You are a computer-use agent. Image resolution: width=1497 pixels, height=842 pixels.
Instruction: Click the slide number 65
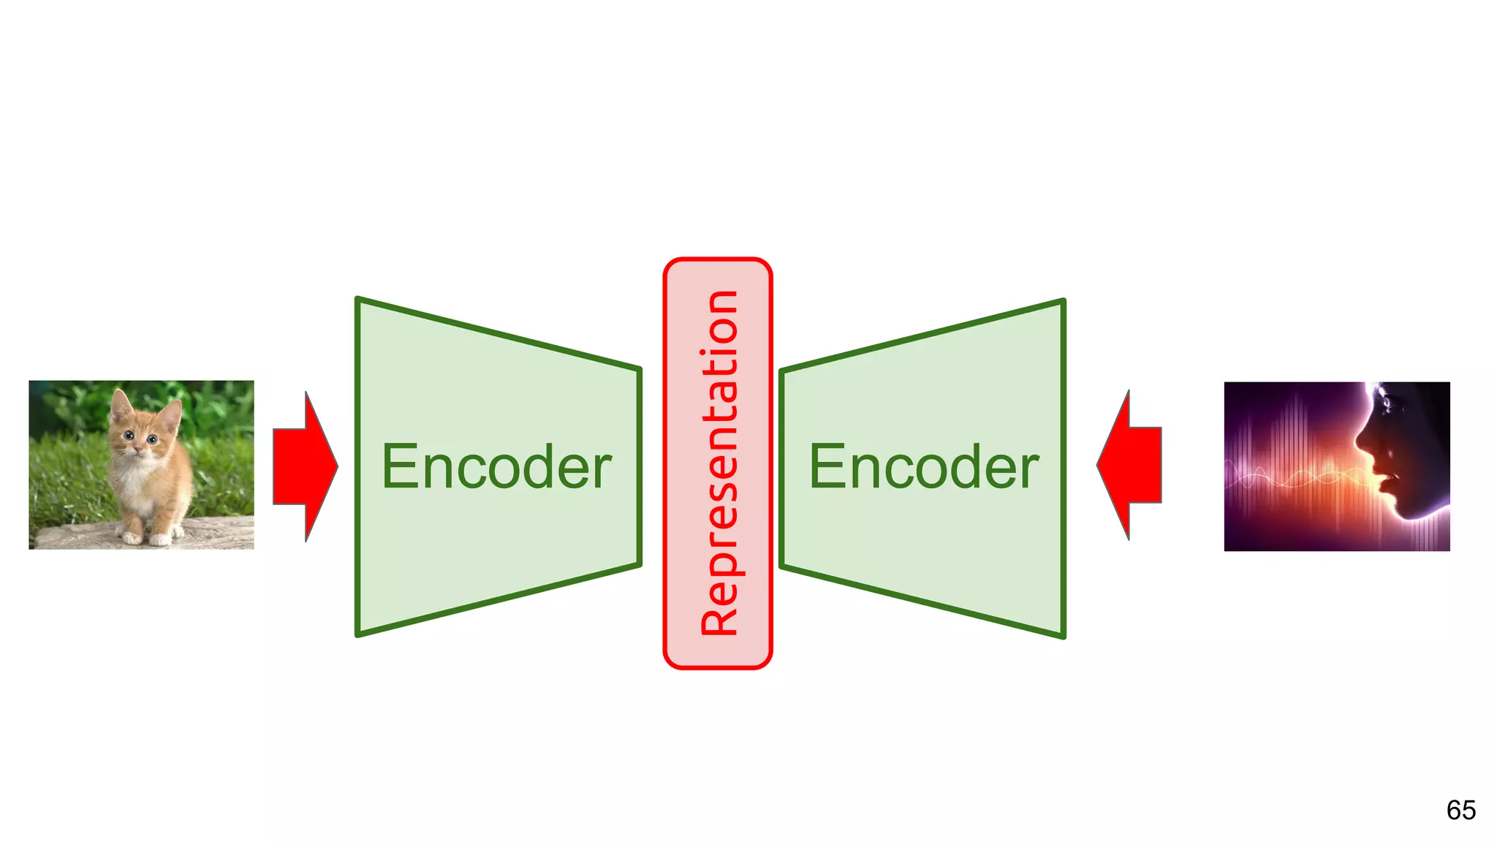point(1460,810)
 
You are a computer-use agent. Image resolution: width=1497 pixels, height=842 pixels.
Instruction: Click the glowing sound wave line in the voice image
point(1294,479)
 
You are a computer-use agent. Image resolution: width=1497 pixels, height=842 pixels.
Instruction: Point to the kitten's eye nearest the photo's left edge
point(129,436)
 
